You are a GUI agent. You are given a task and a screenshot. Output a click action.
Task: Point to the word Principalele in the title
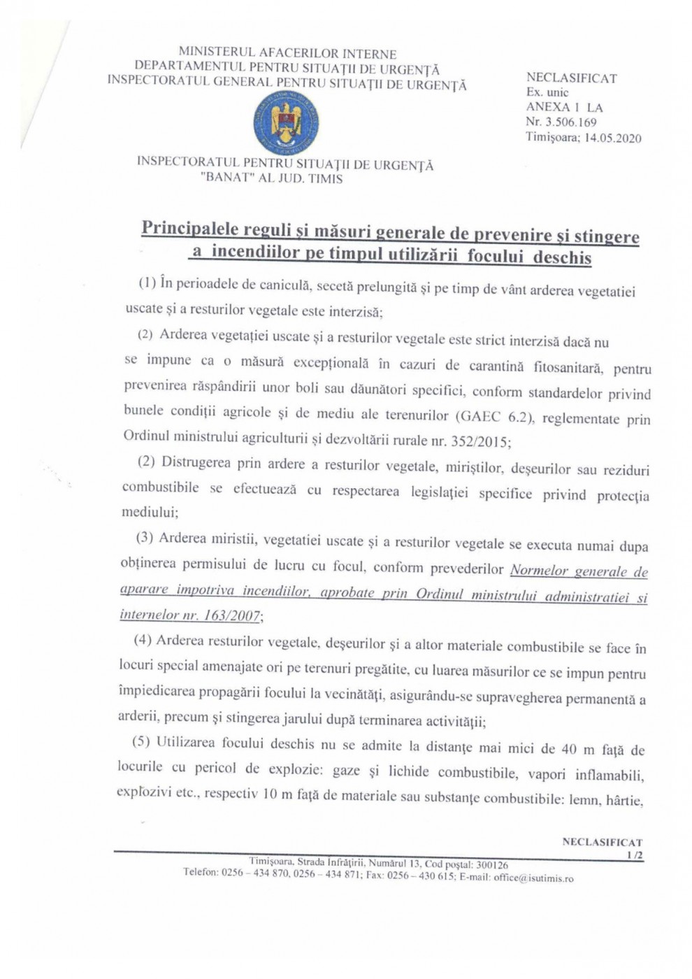click(x=189, y=229)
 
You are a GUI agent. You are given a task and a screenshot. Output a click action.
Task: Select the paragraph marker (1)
click(x=147, y=283)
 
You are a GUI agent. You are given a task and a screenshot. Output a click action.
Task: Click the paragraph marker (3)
click(x=145, y=537)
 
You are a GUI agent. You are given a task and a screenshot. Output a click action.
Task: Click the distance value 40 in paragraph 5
click(x=569, y=749)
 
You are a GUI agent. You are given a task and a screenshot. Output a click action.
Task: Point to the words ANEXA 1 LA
click(x=564, y=107)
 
